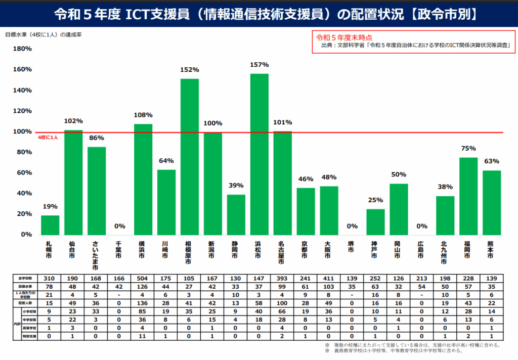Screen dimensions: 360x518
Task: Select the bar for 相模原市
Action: pos(190,157)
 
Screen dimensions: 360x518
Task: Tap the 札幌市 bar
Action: pos(50,225)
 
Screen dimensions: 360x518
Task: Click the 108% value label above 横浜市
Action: pos(143,115)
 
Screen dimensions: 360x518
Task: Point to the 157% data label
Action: pos(260,65)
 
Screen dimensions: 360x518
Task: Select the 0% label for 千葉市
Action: pos(120,226)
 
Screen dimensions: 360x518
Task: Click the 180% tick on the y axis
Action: pos(22,49)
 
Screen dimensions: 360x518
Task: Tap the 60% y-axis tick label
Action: pos(24,173)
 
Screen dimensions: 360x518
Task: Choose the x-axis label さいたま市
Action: pos(97,255)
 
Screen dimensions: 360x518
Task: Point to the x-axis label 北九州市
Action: pos(445,253)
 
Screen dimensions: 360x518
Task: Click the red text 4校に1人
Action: pos(49,138)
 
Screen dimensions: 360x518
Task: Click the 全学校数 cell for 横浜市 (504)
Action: pos(143,279)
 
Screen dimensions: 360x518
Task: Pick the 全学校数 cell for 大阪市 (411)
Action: pos(329,279)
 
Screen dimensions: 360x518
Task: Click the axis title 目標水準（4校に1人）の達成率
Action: pos(44,35)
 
